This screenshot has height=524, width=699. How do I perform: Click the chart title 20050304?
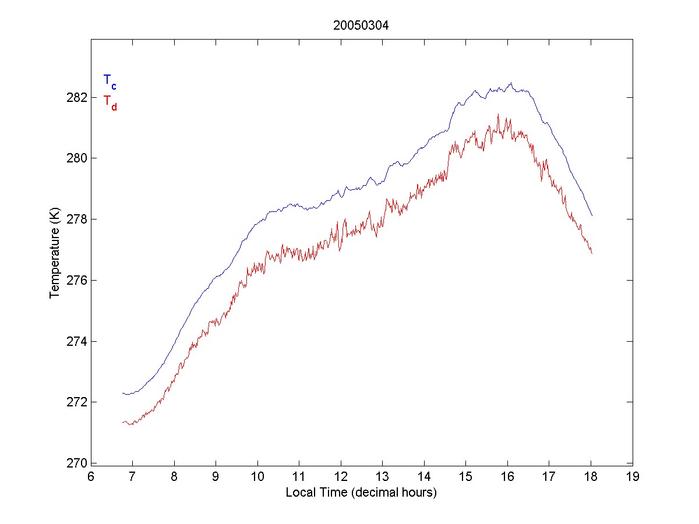[361, 25]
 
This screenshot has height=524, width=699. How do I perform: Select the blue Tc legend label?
[110, 81]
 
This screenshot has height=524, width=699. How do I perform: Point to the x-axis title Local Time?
[361, 493]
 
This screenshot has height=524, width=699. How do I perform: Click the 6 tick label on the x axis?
[91, 477]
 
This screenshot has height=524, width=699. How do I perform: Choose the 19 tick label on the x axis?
[633, 477]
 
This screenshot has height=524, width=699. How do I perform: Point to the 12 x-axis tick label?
[341, 477]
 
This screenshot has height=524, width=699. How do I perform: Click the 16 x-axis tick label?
[507, 477]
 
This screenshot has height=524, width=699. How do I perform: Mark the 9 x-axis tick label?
[216, 477]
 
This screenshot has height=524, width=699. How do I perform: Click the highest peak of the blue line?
[511, 83]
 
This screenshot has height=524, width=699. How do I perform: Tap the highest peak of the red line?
[498, 114]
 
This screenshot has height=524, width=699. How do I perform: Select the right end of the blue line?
[592, 216]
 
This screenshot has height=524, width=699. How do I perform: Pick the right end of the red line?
[592, 253]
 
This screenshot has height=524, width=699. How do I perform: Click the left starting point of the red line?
[123, 422]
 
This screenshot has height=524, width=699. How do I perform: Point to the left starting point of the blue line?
[123, 394]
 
